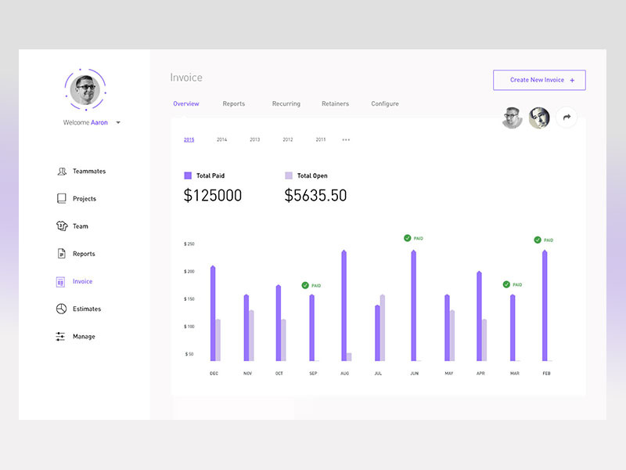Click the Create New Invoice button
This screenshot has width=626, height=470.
click(539, 80)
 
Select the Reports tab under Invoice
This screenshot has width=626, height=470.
click(233, 103)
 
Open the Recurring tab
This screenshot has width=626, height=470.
click(286, 103)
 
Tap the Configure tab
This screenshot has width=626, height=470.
click(384, 103)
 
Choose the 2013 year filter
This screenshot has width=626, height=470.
click(254, 139)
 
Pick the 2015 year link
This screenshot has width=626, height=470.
click(189, 139)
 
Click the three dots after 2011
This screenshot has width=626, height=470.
click(346, 139)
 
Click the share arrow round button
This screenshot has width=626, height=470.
click(567, 117)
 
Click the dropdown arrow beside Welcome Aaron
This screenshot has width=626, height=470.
click(118, 123)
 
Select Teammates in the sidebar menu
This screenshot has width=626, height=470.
click(88, 171)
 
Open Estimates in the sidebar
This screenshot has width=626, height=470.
click(86, 309)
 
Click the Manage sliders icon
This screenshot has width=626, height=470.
click(61, 336)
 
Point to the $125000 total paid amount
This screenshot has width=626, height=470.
click(212, 196)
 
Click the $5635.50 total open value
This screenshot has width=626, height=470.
click(315, 196)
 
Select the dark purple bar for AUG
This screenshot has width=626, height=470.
click(344, 305)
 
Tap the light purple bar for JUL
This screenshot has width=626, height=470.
click(382, 327)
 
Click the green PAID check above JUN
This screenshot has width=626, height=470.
click(408, 238)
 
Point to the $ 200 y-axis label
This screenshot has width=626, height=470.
click(189, 271)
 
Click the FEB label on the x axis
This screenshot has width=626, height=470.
click(546, 374)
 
